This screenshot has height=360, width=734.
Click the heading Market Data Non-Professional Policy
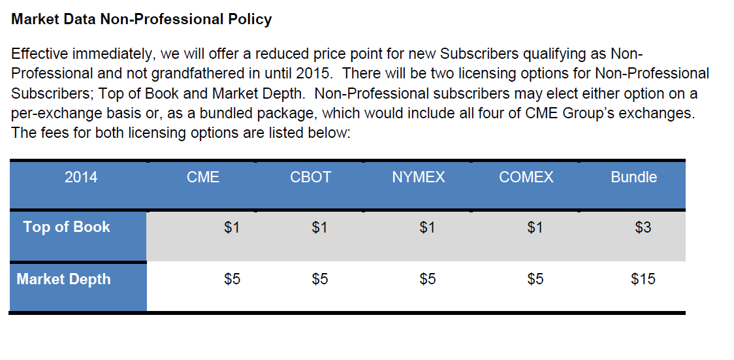coord(141,20)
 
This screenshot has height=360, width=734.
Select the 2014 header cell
coord(81,177)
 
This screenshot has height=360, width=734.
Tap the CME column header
coord(203,177)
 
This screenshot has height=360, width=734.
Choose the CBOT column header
coord(311,177)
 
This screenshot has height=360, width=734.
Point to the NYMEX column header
coord(419,177)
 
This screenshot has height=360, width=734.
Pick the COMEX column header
coord(526,177)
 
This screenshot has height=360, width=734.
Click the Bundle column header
coord(633,177)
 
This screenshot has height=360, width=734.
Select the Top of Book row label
coord(67,227)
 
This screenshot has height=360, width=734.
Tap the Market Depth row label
coord(64,280)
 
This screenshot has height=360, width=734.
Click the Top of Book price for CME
coord(232,228)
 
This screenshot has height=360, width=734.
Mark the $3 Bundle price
coord(643,228)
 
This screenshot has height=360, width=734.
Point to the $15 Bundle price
coord(643,280)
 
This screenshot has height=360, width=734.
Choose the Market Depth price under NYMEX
coord(428,280)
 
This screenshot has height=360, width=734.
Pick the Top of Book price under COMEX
coord(535,228)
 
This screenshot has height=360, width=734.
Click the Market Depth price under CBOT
coord(320,280)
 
